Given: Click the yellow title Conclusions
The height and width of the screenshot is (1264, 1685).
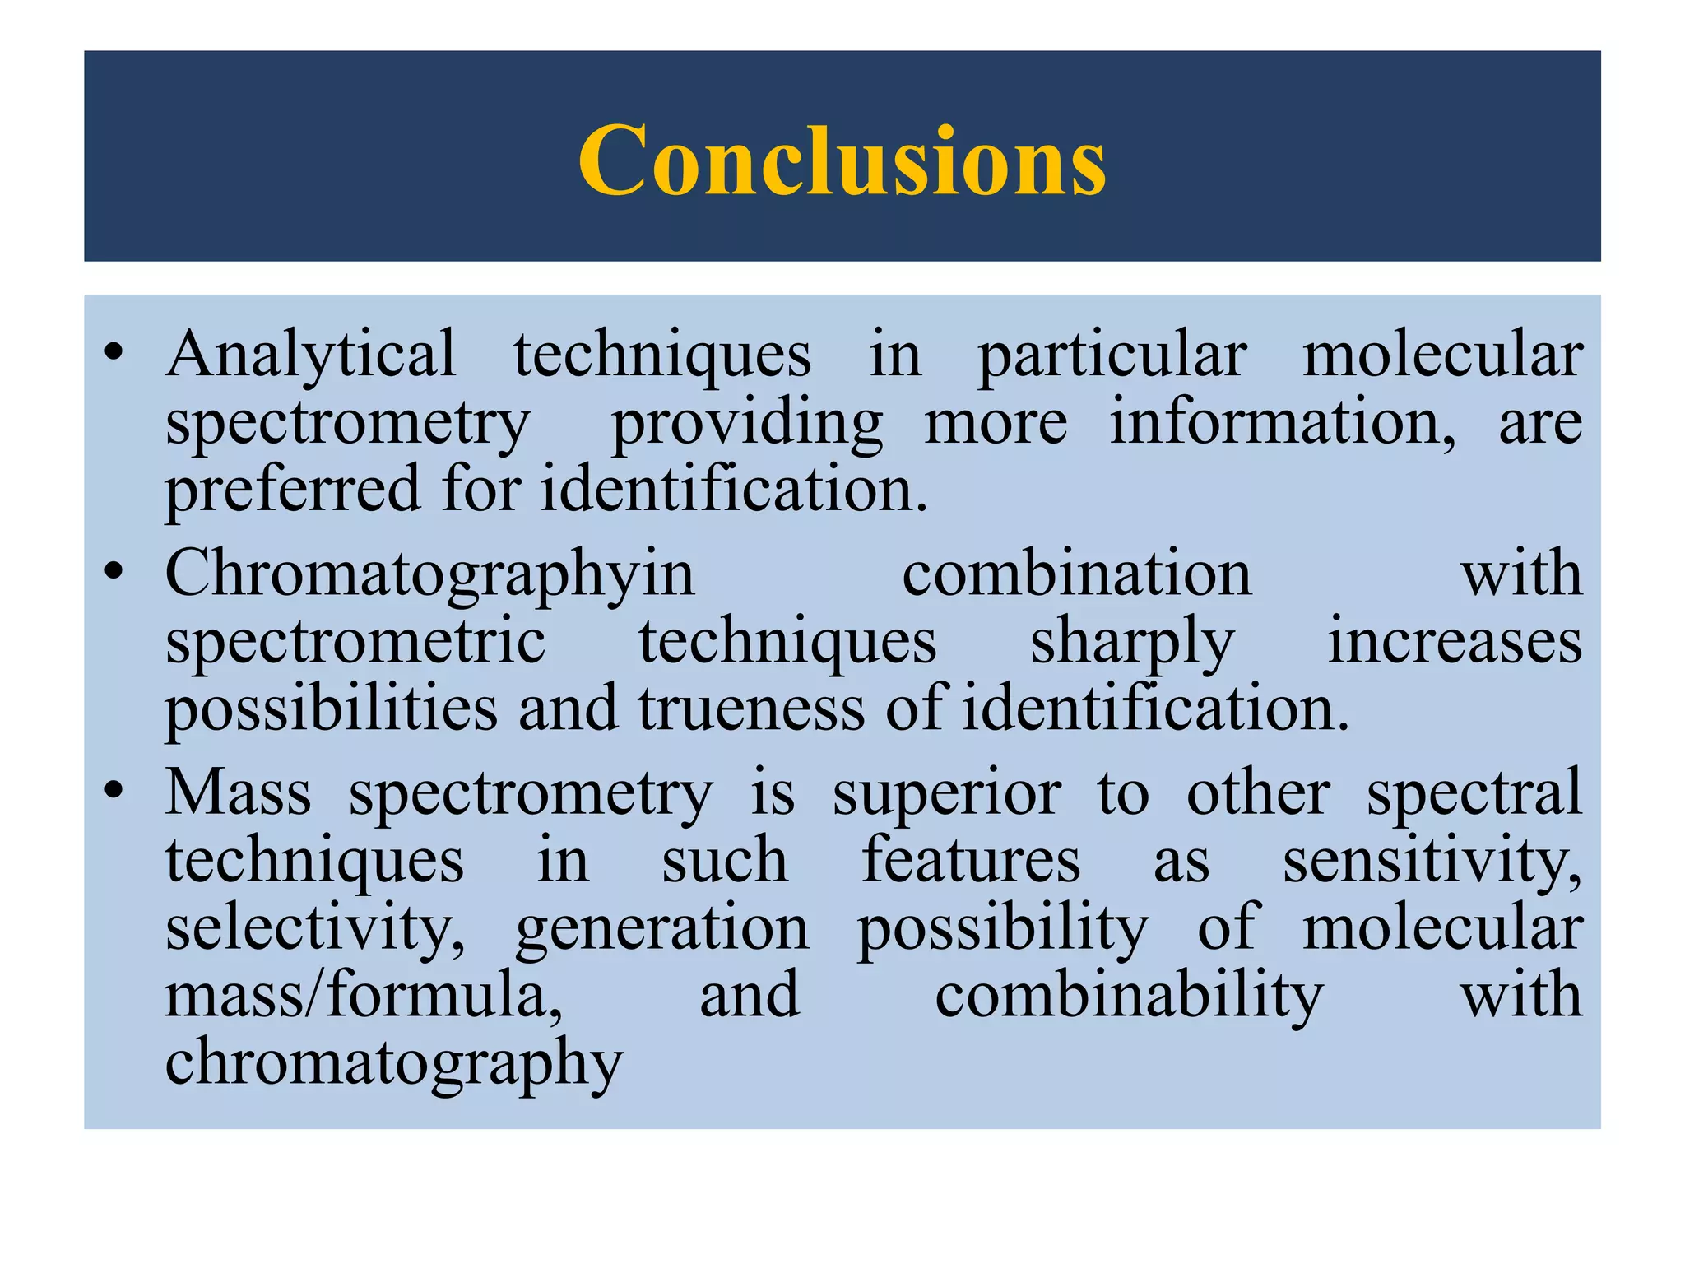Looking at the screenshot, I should (x=842, y=160).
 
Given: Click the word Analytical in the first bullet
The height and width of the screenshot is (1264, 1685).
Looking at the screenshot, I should (x=310, y=355).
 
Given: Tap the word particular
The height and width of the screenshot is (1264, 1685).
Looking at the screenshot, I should (x=1112, y=355).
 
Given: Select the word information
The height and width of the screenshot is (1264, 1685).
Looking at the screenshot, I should (x=1282, y=421).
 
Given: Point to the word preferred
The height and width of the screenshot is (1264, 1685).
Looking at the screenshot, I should (x=293, y=490).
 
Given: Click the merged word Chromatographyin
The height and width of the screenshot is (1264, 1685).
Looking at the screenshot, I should (x=429, y=574).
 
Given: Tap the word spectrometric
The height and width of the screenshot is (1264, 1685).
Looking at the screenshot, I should (x=355, y=642).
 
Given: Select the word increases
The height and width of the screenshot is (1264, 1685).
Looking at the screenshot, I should (x=1455, y=642).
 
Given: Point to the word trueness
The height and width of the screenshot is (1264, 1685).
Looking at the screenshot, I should (x=751, y=709).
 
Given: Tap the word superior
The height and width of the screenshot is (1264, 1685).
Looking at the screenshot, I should (x=946, y=794).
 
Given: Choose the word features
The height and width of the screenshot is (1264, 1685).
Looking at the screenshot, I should (x=971, y=860).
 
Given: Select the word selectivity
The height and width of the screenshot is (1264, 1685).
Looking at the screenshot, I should (x=315, y=929).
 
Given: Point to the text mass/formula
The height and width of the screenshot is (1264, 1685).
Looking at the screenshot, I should (x=364, y=996).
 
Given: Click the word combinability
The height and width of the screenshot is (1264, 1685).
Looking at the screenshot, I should (x=1129, y=996).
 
